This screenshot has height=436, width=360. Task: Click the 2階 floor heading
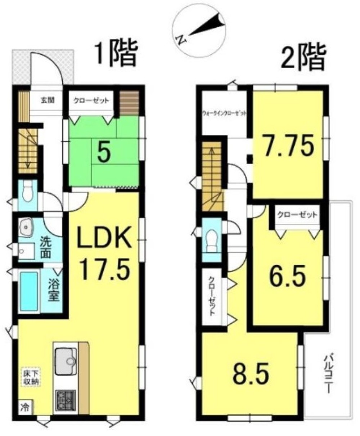tap(303, 57)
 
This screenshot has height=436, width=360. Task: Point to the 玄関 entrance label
tap(47, 100)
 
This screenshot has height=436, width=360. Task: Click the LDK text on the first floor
tap(105, 240)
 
